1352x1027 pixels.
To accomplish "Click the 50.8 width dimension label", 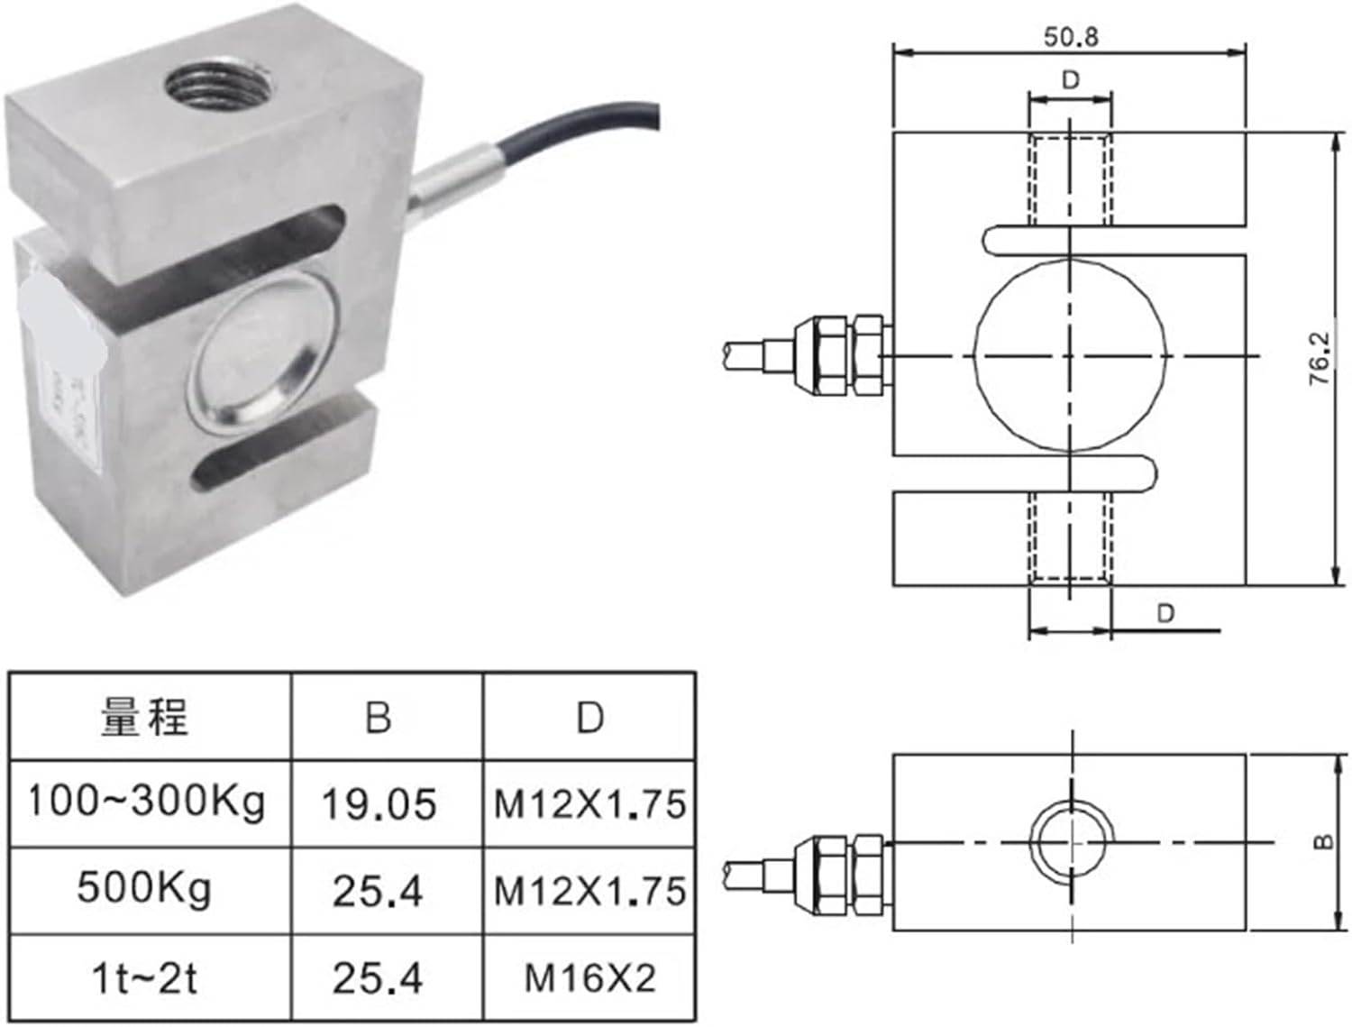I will tap(1071, 37).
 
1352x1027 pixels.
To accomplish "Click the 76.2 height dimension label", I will tap(1320, 359).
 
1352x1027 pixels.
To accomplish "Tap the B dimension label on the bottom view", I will tap(1322, 842).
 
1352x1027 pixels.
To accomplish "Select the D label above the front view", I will tap(1070, 80).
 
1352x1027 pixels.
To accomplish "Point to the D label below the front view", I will tap(1165, 613).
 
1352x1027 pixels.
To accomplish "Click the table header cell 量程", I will tap(145, 718).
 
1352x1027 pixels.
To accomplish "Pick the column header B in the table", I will tap(379, 718).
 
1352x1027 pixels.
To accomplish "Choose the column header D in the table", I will tap(589, 718).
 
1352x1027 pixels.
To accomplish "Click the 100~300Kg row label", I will tap(146, 802).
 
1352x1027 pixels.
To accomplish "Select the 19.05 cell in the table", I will tap(379, 803).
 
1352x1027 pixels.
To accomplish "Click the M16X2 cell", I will tap(589, 977).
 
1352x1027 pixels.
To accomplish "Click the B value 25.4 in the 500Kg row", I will tap(379, 891).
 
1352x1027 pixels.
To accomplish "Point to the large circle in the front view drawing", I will tap(1070, 356).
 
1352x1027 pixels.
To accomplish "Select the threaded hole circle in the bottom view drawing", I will tap(1071, 841).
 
